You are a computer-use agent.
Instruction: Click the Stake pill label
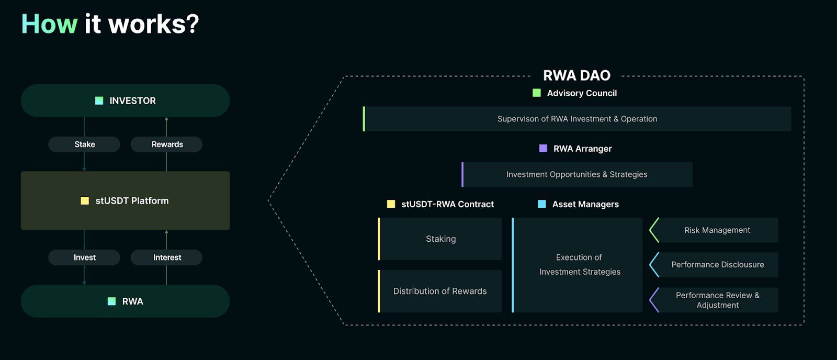click(84, 144)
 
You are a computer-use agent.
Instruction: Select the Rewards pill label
click(167, 144)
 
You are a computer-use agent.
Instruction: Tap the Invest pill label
click(84, 257)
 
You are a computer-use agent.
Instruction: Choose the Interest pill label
click(167, 257)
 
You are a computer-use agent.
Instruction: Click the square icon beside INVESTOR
click(99, 100)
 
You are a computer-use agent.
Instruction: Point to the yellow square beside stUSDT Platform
click(85, 200)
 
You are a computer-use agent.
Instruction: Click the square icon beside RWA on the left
click(111, 301)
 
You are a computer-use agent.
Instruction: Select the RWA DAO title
click(576, 76)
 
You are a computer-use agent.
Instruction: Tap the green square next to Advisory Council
click(537, 93)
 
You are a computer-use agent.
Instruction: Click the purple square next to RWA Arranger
click(543, 149)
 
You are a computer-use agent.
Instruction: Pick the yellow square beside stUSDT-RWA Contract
click(391, 204)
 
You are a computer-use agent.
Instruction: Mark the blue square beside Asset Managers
click(542, 204)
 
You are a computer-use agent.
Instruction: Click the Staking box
click(440, 239)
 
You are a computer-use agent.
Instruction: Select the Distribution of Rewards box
click(440, 291)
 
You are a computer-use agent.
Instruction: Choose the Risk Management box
click(717, 230)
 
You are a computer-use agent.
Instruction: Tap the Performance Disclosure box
click(717, 265)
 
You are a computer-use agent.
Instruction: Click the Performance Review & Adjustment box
click(717, 300)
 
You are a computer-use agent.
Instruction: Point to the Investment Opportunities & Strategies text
click(576, 175)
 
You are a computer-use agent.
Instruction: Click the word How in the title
click(49, 24)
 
